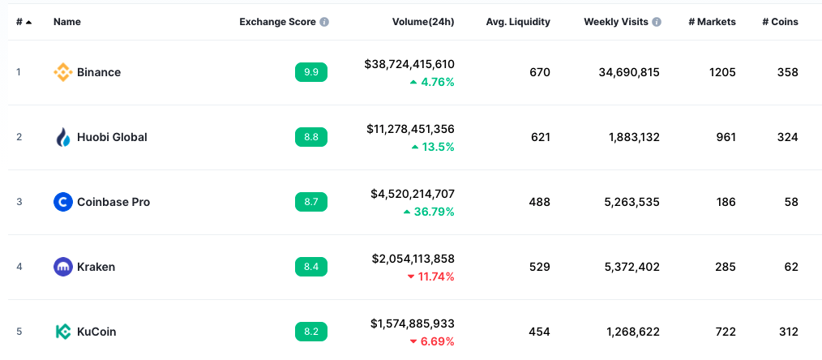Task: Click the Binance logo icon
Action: click(62, 72)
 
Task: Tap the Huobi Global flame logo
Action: click(62, 137)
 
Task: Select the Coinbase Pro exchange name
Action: click(113, 202)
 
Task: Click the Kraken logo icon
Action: click(62, 267)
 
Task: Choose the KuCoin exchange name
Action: click(97, 332)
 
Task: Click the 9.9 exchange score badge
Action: click(311, 72)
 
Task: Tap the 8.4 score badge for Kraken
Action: click(311, 267)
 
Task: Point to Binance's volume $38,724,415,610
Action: click(409, 64)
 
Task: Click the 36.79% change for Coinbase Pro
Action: click(429, 212)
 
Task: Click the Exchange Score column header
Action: click(277, 22)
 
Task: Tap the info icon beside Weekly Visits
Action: click(657, 22)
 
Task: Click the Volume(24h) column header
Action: click(420, 22)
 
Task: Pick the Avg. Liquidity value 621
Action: click(540, 137)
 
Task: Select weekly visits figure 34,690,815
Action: click(629, 72)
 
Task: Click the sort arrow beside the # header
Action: click(29, 22)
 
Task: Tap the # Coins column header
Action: click(780, 22)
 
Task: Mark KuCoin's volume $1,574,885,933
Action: click(413, 324)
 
